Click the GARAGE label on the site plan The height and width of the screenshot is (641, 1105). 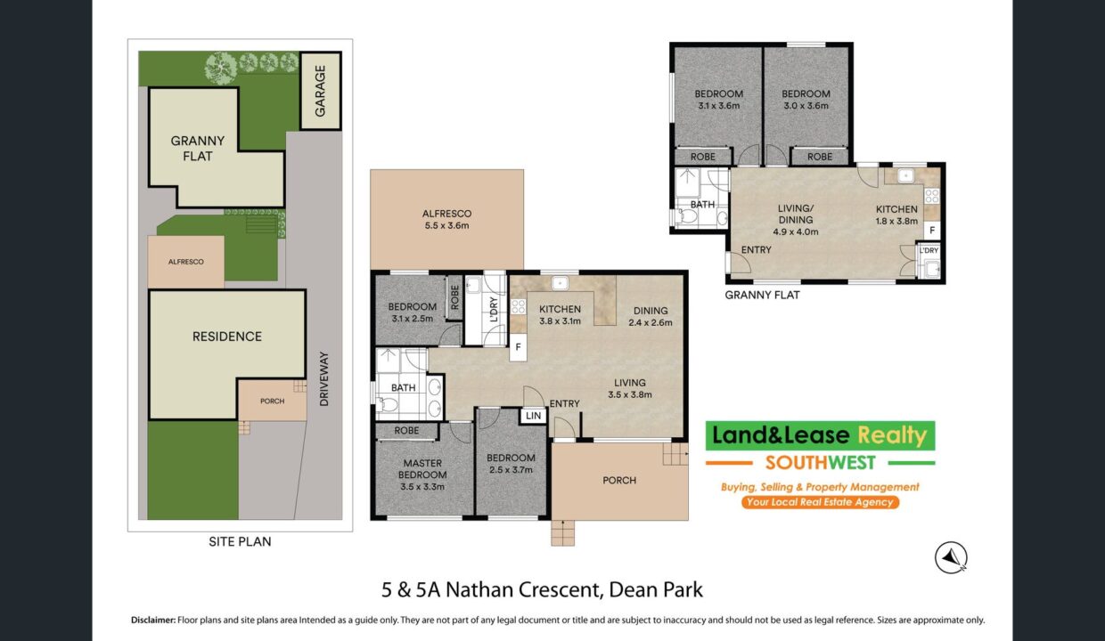(320, 91)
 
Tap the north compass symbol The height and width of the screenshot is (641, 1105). (951, 557)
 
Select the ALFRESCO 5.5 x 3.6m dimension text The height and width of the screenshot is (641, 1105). (446, 220)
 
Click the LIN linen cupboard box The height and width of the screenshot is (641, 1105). (533, 416)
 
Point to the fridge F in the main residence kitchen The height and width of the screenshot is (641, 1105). (518, 347)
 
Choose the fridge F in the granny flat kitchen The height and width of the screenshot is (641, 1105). (932, 230)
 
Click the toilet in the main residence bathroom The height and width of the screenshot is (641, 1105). (388, 404)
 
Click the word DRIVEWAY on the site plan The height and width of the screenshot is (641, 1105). (323, 379)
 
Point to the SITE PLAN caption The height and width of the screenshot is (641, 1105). (240, 542)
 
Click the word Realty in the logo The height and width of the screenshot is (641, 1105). (892, 435)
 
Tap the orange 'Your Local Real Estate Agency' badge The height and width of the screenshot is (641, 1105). (820, 502)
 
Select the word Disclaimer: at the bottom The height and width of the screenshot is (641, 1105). (153, 621)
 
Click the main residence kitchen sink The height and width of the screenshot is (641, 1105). (560, 283)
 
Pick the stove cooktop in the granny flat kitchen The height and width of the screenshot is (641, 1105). (932, 196)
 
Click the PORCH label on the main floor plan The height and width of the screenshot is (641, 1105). (619, 481)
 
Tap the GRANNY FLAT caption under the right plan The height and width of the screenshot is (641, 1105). (762, 295)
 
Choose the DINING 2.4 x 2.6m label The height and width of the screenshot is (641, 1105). (651, 317)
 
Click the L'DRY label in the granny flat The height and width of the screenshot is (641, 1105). (929, 250)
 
